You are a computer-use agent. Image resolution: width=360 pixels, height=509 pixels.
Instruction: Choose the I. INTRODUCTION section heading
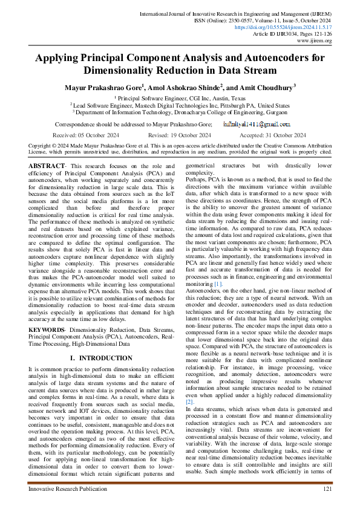pos(101,358)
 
